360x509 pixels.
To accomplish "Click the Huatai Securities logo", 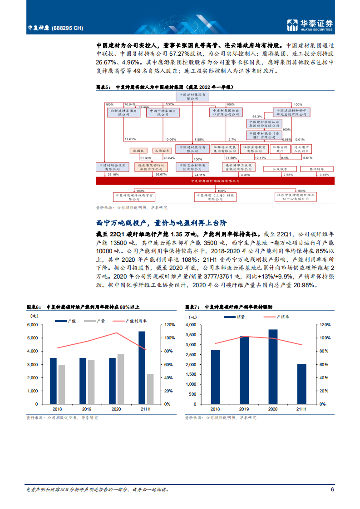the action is [x=311, y=25].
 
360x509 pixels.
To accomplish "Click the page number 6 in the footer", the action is [x=332, y=489].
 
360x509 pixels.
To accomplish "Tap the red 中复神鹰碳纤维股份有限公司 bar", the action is [x=215, y=181].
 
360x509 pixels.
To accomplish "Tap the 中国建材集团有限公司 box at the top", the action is [x=193, y=97].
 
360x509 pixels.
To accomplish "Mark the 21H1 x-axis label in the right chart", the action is [x=301, y=409].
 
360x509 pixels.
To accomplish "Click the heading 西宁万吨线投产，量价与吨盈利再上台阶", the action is [x=162, y=223].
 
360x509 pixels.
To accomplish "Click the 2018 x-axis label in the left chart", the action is [x=54, y=409].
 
